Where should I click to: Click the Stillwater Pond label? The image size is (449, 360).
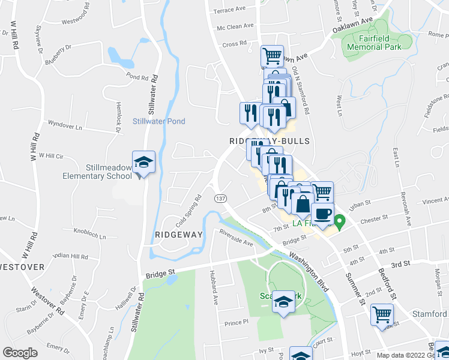coord(158,121)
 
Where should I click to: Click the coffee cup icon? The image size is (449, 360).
coord(323,214)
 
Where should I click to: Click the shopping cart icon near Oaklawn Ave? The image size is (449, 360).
coord(272,56)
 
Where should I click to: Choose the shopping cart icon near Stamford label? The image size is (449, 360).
coord(381,314)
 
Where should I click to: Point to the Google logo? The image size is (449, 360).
coord(20,353)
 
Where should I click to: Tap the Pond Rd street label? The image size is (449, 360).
coord(137,77)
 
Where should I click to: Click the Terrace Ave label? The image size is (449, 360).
coord(231,10)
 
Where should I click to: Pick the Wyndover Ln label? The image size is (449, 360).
coord(65,127)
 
